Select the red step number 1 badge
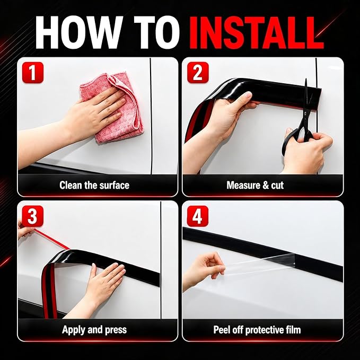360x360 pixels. click(x=32, y=72)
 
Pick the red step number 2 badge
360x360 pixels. click(x=198, y=72)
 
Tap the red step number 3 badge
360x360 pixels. click(x=32, y=216)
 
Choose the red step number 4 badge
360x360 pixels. click(x=198, y=216)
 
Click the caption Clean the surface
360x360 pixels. click(x=94, y=185)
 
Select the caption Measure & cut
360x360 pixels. click(x=255, y=185)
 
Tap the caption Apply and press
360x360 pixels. click(x=94, y=330)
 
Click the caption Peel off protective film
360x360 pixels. click(x=257, y=330)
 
